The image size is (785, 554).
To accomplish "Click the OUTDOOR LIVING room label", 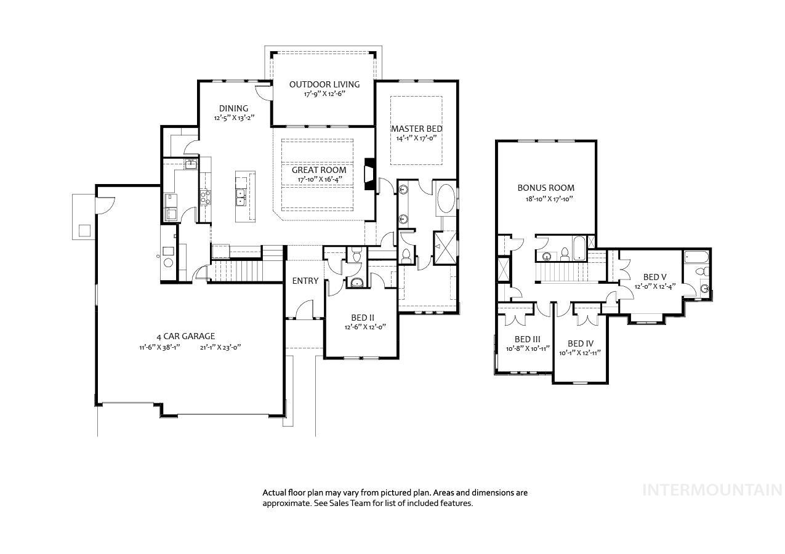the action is click(x=324, y=84).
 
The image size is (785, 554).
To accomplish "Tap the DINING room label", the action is click(x=233, y=108).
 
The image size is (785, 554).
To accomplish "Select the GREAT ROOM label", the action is click(x=319, y=170).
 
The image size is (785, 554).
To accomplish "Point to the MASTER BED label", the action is click(x=417, y=129).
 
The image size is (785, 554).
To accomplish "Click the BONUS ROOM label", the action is click(x=545, y=188).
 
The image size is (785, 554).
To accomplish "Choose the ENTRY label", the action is click(x=305, y=281).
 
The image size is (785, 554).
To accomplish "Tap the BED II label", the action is click(x=363, y=318).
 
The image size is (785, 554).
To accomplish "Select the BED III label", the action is click(x=528, y=339).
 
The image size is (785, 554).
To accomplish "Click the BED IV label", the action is click(x=581, y=343).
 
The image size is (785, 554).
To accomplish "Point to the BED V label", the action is click(x=655, y=277).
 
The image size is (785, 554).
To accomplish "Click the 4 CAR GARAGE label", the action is click(x=186, y=336).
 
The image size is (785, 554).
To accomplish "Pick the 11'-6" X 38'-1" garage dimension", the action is click(x=159, y=348).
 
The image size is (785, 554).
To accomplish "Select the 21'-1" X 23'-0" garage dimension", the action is click(x=220, y=348).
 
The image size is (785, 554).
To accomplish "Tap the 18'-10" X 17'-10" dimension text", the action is click(x=549, y=199).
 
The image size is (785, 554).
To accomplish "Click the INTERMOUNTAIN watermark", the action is click(x=712, y=490).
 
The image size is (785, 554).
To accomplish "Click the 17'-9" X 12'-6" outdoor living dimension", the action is click(x=324, y=94).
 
